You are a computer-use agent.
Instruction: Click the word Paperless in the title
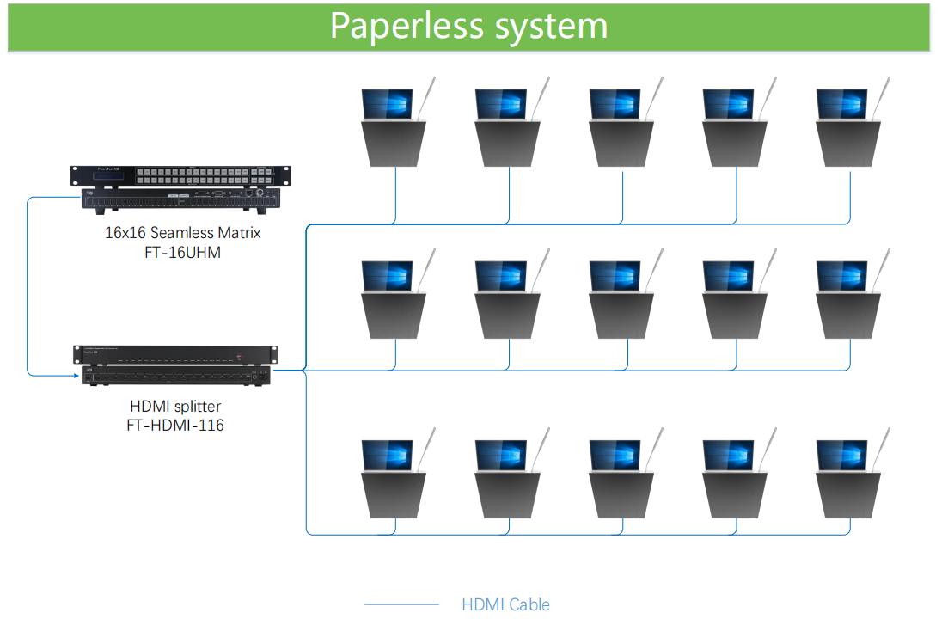point(407,27)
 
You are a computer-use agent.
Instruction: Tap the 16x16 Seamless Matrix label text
point(182,233)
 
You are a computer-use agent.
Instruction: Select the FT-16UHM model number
point(182,252)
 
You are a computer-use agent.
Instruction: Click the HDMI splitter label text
point(175,406)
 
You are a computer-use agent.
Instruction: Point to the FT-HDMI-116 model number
point(175,426)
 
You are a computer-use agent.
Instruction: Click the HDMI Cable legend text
point(505,604)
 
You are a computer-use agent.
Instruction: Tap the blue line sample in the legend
point(401,604)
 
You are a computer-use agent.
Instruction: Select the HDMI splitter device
point(175,365)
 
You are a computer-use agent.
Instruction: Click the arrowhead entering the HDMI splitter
point(76,376)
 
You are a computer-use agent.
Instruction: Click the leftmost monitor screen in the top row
point(388,104)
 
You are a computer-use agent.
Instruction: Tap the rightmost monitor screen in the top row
point(842,104)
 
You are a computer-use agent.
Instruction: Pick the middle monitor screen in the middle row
point(615,276)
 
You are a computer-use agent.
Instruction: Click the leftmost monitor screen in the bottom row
point(388,455)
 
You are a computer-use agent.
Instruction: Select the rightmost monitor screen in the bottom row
point(842,455)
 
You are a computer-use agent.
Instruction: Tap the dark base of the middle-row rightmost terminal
point(848,316)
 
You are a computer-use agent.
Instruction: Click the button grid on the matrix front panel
point(205,176)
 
